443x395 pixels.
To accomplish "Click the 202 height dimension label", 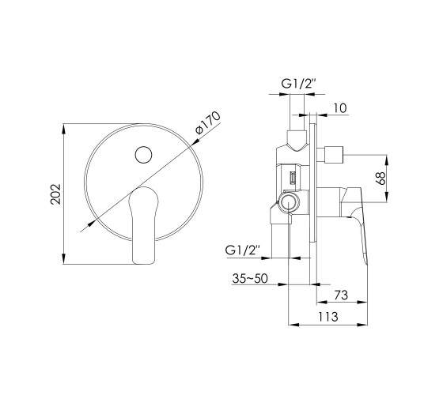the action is click(55, 194).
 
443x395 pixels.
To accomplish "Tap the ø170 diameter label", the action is click(207, 123).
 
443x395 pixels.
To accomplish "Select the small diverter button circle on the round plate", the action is click(143, 155).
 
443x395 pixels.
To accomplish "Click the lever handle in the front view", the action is click(143, 225).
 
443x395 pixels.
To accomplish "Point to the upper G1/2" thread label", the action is click(298, 84).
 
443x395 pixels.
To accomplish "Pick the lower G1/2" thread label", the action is click(243, 250).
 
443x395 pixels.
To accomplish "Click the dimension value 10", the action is click(340, 108).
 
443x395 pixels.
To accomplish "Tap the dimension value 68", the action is click(381, 178).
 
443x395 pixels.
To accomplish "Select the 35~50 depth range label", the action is click(250, 278).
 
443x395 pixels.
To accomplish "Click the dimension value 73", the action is click(341, 295).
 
